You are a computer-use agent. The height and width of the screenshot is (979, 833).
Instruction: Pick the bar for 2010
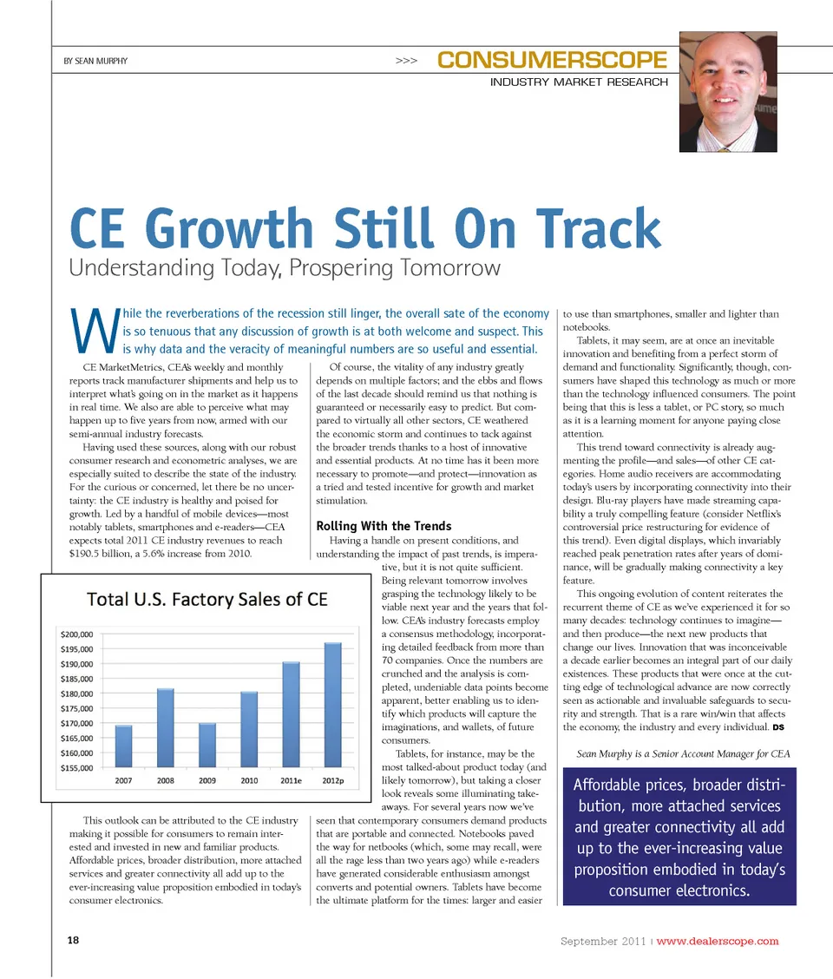tap(249, 729)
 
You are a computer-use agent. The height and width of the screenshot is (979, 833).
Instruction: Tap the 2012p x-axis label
tap(332, 781)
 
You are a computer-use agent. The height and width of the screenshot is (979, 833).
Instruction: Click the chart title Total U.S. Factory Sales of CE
tap(207, 600)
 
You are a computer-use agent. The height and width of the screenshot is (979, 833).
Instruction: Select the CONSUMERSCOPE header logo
tap(553, 61)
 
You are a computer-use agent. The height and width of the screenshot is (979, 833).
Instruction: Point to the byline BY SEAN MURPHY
tap(95, 62)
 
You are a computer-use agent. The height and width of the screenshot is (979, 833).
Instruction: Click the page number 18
tap(73, 941)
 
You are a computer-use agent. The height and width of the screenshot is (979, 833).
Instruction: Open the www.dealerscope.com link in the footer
tap(718, 942)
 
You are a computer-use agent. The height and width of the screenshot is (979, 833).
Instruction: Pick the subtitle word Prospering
tap(333, 267)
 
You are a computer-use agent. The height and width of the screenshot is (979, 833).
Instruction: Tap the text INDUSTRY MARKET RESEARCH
tap(579, 82)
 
